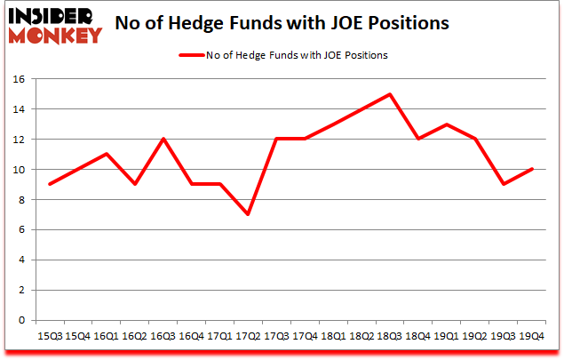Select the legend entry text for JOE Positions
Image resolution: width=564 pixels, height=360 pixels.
[x=299, y=55]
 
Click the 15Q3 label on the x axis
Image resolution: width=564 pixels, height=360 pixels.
[x=49, y=337]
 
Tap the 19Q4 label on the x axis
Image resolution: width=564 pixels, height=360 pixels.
[x=533, y=337]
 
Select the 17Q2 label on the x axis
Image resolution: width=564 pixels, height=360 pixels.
[x=249, y=337]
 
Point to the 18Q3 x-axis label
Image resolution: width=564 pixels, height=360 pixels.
[x=391, y=337]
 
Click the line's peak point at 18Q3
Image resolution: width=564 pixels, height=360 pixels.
[x=391, y=94]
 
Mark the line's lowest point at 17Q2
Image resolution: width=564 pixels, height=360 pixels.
[x=249, y=214]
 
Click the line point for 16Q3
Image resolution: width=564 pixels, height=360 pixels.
[x=163, y=139]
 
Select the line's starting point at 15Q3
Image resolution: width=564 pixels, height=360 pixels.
[x=49, y=184]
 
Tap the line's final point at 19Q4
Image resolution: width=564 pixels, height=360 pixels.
[x=533, y=169]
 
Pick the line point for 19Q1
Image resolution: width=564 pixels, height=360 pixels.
[x=448, y=124]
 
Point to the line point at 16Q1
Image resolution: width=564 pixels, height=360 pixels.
[x=106, y=154]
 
